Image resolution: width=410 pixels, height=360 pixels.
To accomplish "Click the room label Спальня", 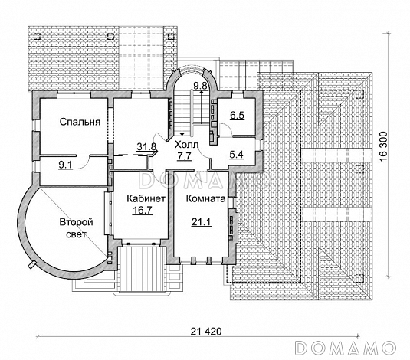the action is [80, 122].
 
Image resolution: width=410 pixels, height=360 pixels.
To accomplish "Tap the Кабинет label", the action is [146, 198].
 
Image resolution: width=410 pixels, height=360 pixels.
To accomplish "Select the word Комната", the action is [206, 198].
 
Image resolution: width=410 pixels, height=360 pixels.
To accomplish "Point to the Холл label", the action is [187, 145].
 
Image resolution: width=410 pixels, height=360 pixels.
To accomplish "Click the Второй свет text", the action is [77, 228].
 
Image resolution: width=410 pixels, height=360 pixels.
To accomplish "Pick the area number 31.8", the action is [146, 146].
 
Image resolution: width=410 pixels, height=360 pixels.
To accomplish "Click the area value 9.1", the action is [64, 165].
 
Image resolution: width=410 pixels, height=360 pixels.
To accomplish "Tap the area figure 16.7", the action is [143, 210].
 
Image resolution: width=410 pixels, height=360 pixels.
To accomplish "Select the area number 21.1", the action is [202, 222].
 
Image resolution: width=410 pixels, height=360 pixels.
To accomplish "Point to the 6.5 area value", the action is [237, 115].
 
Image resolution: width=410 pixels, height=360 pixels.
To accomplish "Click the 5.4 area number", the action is [236, 155].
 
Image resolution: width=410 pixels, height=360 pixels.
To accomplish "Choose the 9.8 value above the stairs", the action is [200, 86].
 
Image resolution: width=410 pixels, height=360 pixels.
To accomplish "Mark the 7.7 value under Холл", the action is [185, 156].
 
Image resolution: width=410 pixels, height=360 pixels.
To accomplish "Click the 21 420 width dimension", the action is [206, 332].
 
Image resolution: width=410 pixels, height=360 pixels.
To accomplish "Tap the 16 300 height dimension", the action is [382, 146].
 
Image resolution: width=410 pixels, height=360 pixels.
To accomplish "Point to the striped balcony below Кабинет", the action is [142, 269].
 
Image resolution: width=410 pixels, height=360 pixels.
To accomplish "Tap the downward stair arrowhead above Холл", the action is [182, 134].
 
